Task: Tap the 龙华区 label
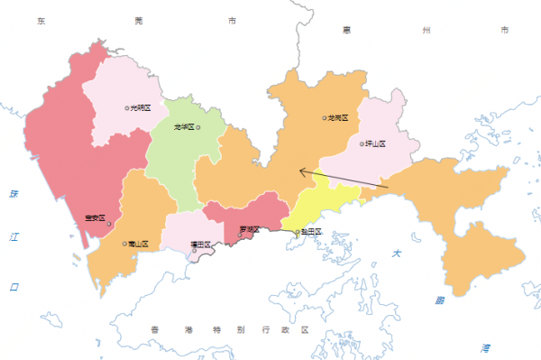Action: point(183,127)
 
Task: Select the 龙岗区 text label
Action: point(338,117)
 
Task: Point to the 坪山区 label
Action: point(375,143)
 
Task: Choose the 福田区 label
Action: point(200,245)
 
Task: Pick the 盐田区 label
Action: point(312,233)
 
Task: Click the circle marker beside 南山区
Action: point(124,243)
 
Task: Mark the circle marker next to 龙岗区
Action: point(325,117)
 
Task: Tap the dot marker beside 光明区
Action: point(127,107)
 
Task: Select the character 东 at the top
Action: point(41,19)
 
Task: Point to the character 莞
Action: point(138,19)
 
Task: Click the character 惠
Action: point(346,30)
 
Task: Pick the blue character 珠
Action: point(14,194)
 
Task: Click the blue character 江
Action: point(14,237)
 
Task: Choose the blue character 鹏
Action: point(439,300)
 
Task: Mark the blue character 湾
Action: point(485,346)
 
